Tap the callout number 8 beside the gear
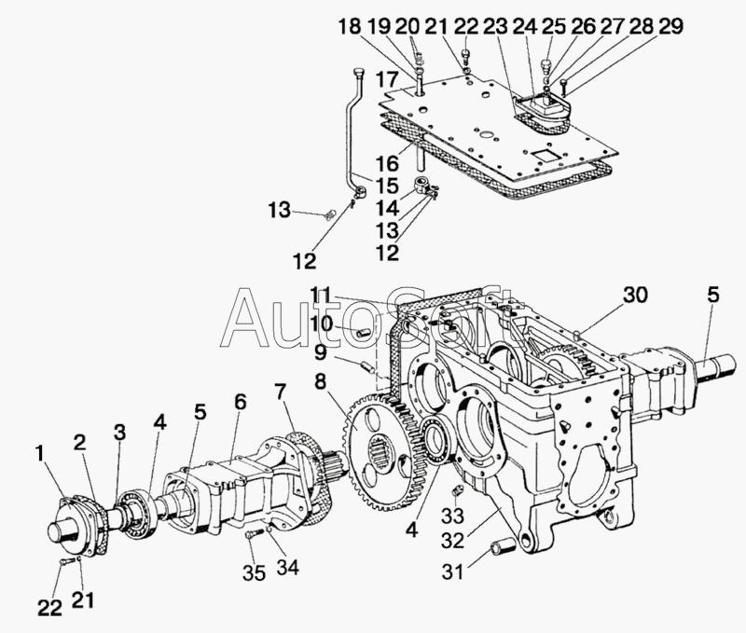point(320,381)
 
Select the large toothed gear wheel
point(384,452)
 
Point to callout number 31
point(452,571)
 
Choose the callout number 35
point(254,573)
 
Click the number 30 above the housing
point(635,295)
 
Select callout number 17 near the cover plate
point(388,79)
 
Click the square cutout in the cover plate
point(544,155)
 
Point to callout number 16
point(387,163)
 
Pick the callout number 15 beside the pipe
point(386,185)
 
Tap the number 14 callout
point(387,208)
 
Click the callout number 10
point(322,323)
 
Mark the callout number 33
point(452,515)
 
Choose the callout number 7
point(281,392)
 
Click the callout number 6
point(241,403)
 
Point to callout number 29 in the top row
point(670,26)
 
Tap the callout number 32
point(452,541)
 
